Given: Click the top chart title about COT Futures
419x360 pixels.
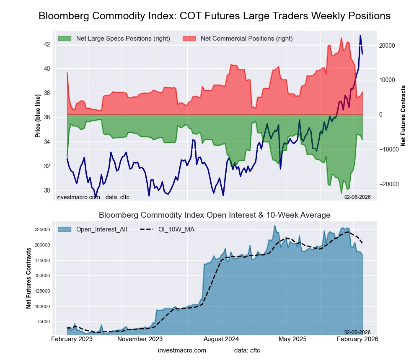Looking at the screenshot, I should point(215,16).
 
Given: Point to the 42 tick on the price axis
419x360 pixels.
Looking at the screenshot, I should point(47,44).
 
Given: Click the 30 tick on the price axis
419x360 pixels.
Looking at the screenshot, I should point(47,190).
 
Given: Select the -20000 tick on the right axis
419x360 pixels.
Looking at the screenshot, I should point(389,184).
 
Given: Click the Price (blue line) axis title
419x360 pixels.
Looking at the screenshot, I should point(38,116).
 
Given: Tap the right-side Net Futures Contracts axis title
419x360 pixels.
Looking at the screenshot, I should point(403,116).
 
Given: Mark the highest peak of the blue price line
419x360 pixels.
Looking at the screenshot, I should point(360,36).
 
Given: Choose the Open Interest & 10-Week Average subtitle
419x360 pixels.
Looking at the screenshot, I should point(215,215).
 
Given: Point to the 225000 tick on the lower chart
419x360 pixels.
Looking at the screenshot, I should point(41,229).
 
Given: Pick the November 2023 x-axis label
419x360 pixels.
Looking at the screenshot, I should point(140,338).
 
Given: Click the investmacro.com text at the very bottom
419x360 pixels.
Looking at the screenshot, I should point(182,350).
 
